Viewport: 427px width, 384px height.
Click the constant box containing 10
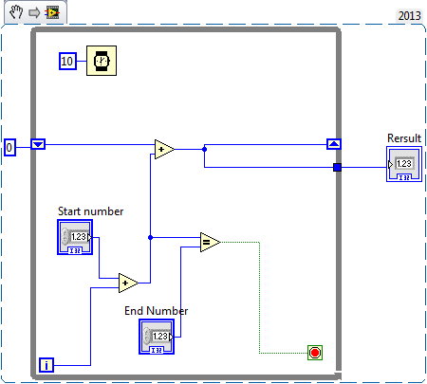coord(66,61)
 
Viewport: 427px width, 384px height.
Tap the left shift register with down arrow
coord(38,145)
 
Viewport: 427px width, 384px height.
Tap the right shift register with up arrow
coord(333,144)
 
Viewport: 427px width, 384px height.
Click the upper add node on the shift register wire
coord(164,148)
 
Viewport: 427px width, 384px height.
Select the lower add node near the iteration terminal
coord(127,283)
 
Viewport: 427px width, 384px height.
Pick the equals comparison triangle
coord(209,243)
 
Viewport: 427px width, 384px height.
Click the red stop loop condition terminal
coord(315,353)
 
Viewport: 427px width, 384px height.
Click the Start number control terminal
coord(76,239)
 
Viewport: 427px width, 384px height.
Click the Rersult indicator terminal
coord(403,168)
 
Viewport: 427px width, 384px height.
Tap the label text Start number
coord(90,210)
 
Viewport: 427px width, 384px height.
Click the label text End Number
coord(156,310)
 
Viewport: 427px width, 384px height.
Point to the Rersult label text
coord(404,138)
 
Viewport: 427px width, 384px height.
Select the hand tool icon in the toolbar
coord(14,11)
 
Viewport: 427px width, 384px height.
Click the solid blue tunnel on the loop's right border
coord(337,168)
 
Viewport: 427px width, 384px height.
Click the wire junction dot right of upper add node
coord(204,149)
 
